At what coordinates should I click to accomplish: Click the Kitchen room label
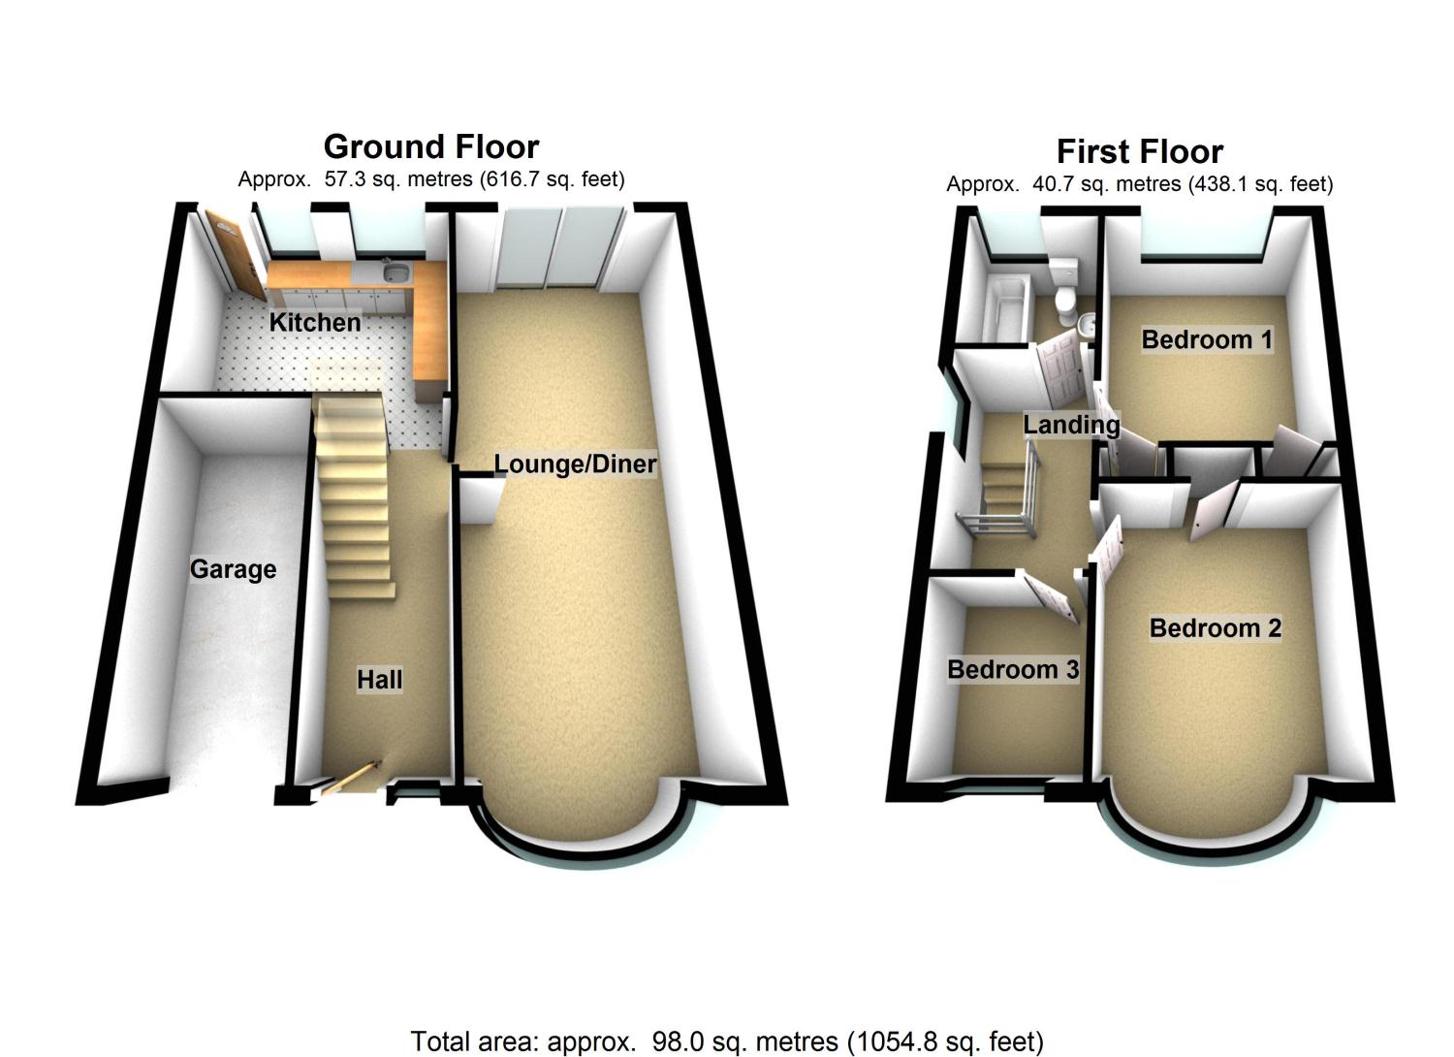click(315, 322)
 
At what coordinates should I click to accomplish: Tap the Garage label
click(233, 569)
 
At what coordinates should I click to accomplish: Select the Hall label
click(380, 680)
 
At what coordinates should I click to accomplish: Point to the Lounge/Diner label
click(575, 464)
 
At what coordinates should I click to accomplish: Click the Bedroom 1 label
click(1207, 339)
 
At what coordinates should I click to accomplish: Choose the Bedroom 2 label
click(1216, 627)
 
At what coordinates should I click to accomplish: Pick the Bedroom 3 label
click(1013, 669)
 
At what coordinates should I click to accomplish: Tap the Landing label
click(1071, 426)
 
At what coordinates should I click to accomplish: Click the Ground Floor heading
click(431, 147)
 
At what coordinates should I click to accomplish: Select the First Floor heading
click(1140, 152)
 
